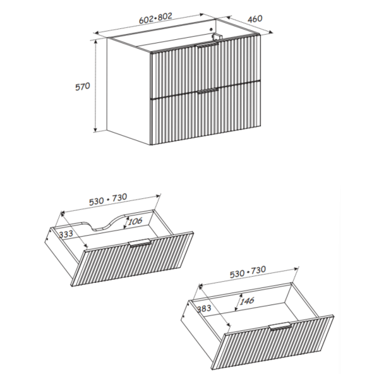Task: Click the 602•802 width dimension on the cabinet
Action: point(155,18)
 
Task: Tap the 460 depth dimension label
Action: point(255,18)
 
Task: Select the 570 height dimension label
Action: point(83,87)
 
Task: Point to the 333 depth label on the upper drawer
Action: point(66,234)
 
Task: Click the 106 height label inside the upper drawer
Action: point(135,221)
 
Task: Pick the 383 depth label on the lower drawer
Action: point(204,309)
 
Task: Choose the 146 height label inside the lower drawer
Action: point(247,301)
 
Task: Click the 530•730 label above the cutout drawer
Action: point(108,200)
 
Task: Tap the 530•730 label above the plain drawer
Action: point(248,272)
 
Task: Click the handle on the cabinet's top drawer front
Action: point(208,45)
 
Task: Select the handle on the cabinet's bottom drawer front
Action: point(208,91)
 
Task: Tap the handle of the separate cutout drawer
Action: point(140,243)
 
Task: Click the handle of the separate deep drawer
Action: point(280,326)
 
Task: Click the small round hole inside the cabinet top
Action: point(211,30)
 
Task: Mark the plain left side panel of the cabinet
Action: point(129,92)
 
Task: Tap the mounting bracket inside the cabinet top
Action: point(217,37)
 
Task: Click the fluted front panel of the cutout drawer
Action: point(133,259)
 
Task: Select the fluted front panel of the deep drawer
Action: point(273,342)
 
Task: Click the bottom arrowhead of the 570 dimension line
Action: point(96,131)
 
